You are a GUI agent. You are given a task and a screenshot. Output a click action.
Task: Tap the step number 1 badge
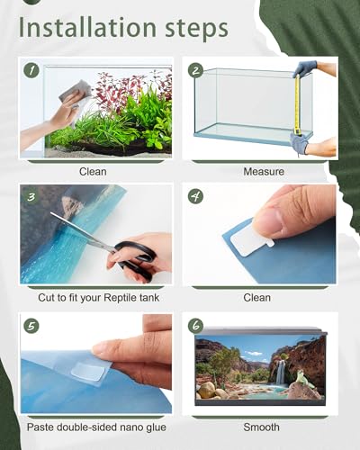31,70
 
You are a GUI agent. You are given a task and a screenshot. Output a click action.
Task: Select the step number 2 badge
195,70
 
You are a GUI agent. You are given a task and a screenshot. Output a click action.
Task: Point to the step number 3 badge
31,197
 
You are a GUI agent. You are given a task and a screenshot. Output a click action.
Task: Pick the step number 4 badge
195,197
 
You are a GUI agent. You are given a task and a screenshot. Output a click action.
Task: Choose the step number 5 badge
31,326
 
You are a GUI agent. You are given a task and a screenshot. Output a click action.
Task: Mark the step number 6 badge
195,326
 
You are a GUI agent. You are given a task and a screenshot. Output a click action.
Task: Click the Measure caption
264,172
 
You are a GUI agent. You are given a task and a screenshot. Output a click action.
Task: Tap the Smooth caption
261,427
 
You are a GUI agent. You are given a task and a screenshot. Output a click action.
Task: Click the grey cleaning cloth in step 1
76,92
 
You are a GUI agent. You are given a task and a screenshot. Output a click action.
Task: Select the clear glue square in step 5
88,371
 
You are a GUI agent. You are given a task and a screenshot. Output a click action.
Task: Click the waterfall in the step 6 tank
281,373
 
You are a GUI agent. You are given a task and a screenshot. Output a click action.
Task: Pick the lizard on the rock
303,379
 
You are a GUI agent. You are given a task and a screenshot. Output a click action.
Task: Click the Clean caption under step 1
93,172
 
